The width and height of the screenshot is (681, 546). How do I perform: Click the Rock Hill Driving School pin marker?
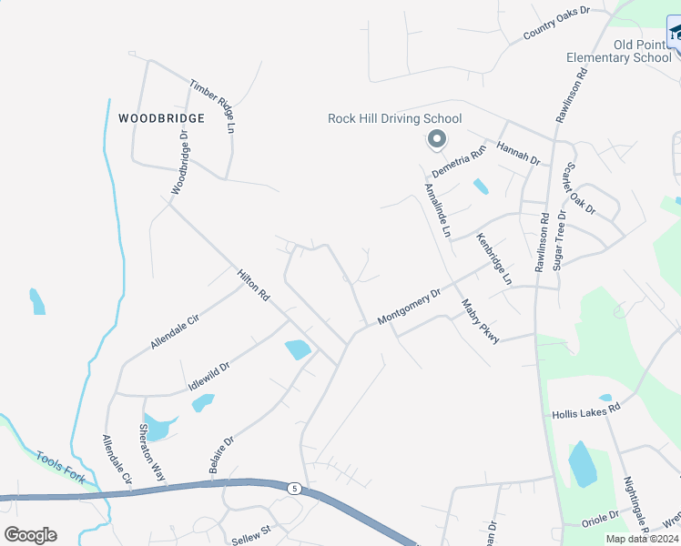coord(436,139)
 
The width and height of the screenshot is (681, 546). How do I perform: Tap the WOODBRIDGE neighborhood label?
coord(161,118)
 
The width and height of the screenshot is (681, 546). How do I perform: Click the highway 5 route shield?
coord(293,489)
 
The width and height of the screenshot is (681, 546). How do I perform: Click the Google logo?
coord(30,535)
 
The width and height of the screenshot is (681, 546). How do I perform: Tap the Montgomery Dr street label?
coord(409,306)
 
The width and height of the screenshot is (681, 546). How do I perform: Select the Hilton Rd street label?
coord(254,285)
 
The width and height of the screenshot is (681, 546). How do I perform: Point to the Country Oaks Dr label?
coord(557,24)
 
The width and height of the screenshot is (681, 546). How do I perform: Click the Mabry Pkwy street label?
coord(480,321)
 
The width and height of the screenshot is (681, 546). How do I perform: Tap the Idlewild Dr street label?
coord(208,375)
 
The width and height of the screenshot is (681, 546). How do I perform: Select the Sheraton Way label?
coord(152,451)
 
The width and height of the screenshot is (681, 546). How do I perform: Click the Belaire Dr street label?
coord(221,453)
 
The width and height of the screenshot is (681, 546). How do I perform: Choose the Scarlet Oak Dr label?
coord(579,189)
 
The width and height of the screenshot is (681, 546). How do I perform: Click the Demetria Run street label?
coord(460,164)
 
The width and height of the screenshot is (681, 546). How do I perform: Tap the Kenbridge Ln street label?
coord(493,259)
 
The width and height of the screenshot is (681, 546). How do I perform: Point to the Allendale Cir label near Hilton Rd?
coord(175,329)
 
